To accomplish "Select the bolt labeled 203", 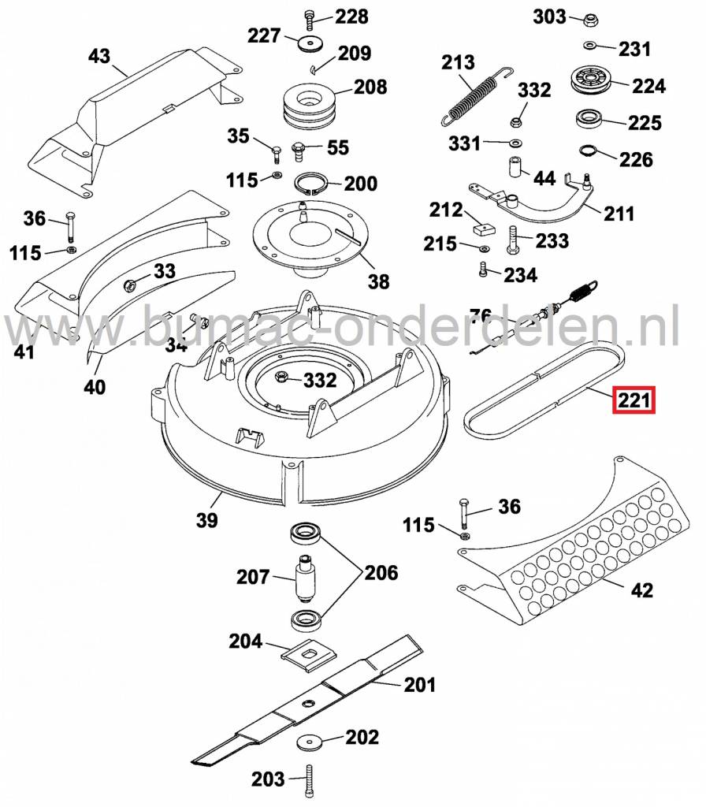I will [x=308, y=779].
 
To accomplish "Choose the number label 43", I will [x=99, y=57].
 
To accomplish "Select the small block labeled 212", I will [x=481, y=229].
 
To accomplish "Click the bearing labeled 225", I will [x=588, y=121].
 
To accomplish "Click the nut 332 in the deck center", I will [x=281, y=380].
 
